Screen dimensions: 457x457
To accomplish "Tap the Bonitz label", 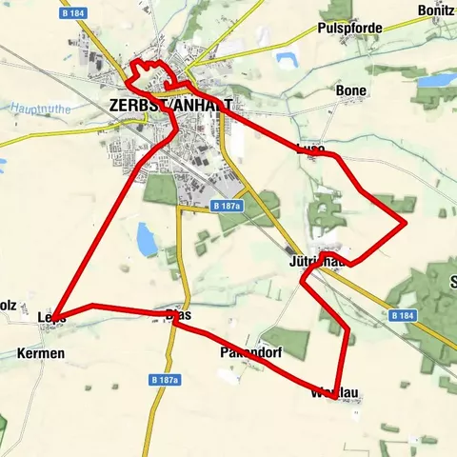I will point(436,10).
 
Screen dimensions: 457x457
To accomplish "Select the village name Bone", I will point(351,90).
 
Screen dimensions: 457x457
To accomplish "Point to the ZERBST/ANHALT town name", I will point(170,105).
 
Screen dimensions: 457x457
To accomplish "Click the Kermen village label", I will point(41,353).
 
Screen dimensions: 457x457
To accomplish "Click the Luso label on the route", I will point(311,149).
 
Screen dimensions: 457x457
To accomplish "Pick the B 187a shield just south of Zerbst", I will point(228,206).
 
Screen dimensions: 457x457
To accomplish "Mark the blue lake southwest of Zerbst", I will point(146,240).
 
